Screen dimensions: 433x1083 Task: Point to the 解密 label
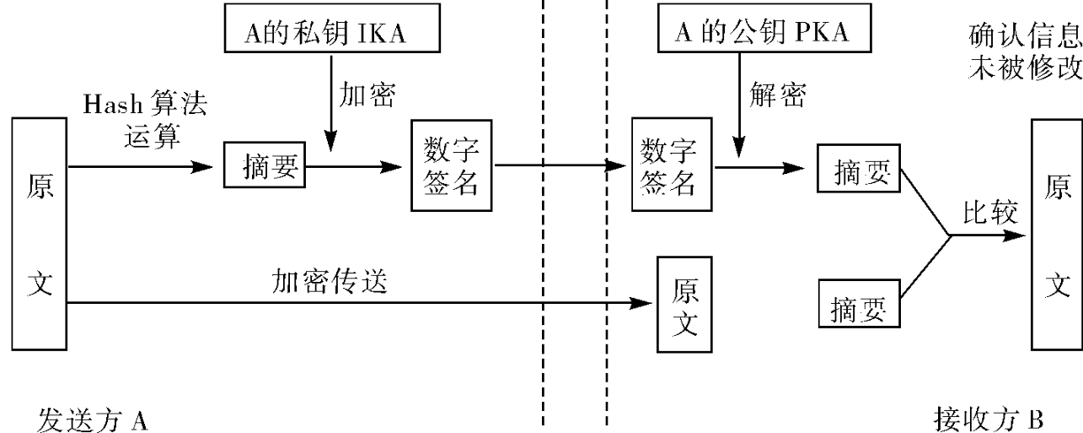point(777,95)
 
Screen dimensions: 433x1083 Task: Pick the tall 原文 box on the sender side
point(40,235)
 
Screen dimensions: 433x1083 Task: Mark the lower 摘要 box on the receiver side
point(859,307)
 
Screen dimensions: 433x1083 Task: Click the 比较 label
point(990,213)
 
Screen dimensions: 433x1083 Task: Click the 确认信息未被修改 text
point(1026,51)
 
